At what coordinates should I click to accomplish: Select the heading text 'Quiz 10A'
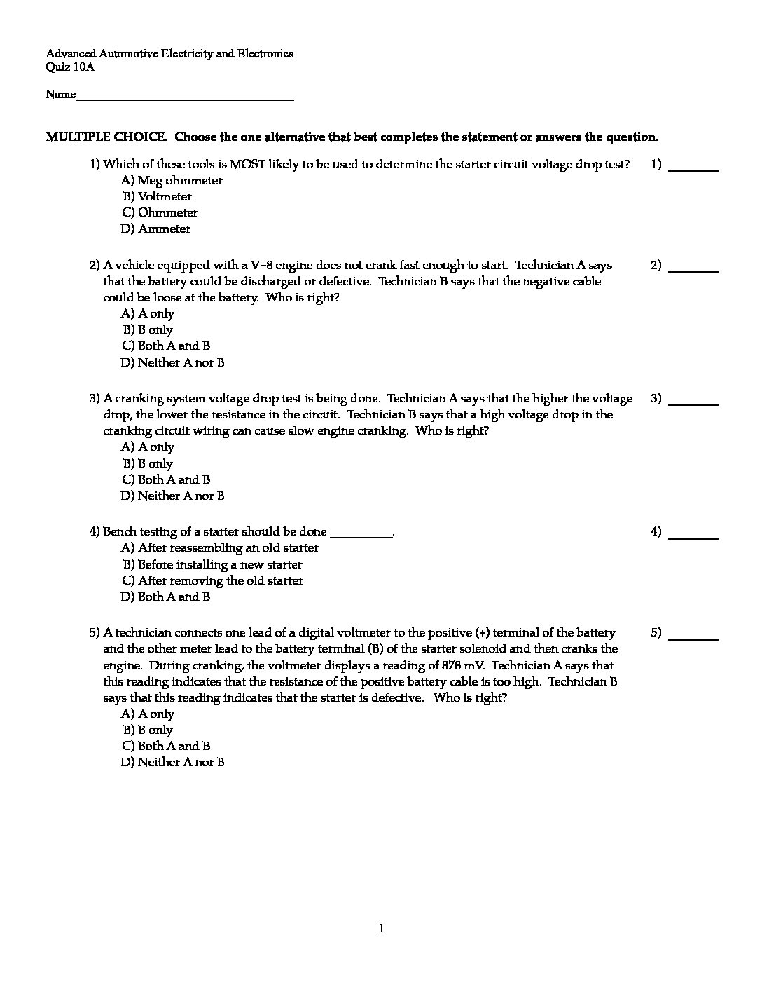click(x=70, y=67)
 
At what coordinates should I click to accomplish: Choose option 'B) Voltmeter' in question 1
click(x=158, y=196)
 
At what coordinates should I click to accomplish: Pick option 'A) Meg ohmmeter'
click(x=172, y=180)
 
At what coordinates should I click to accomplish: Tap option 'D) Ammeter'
click(x=155, y=229)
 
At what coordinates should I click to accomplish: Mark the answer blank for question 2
click(x=693, y=267)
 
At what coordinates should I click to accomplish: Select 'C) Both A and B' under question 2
click(x=166, y=346)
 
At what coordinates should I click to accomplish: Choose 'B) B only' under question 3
click(x=148, y=463)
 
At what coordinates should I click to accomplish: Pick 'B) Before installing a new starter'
click(x=213, y=564)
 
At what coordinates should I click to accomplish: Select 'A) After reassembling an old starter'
click(x=220, y=547)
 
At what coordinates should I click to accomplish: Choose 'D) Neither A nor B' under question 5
click(x=173, y=762)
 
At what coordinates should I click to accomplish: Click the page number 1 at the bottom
click(x=381, y=929)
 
